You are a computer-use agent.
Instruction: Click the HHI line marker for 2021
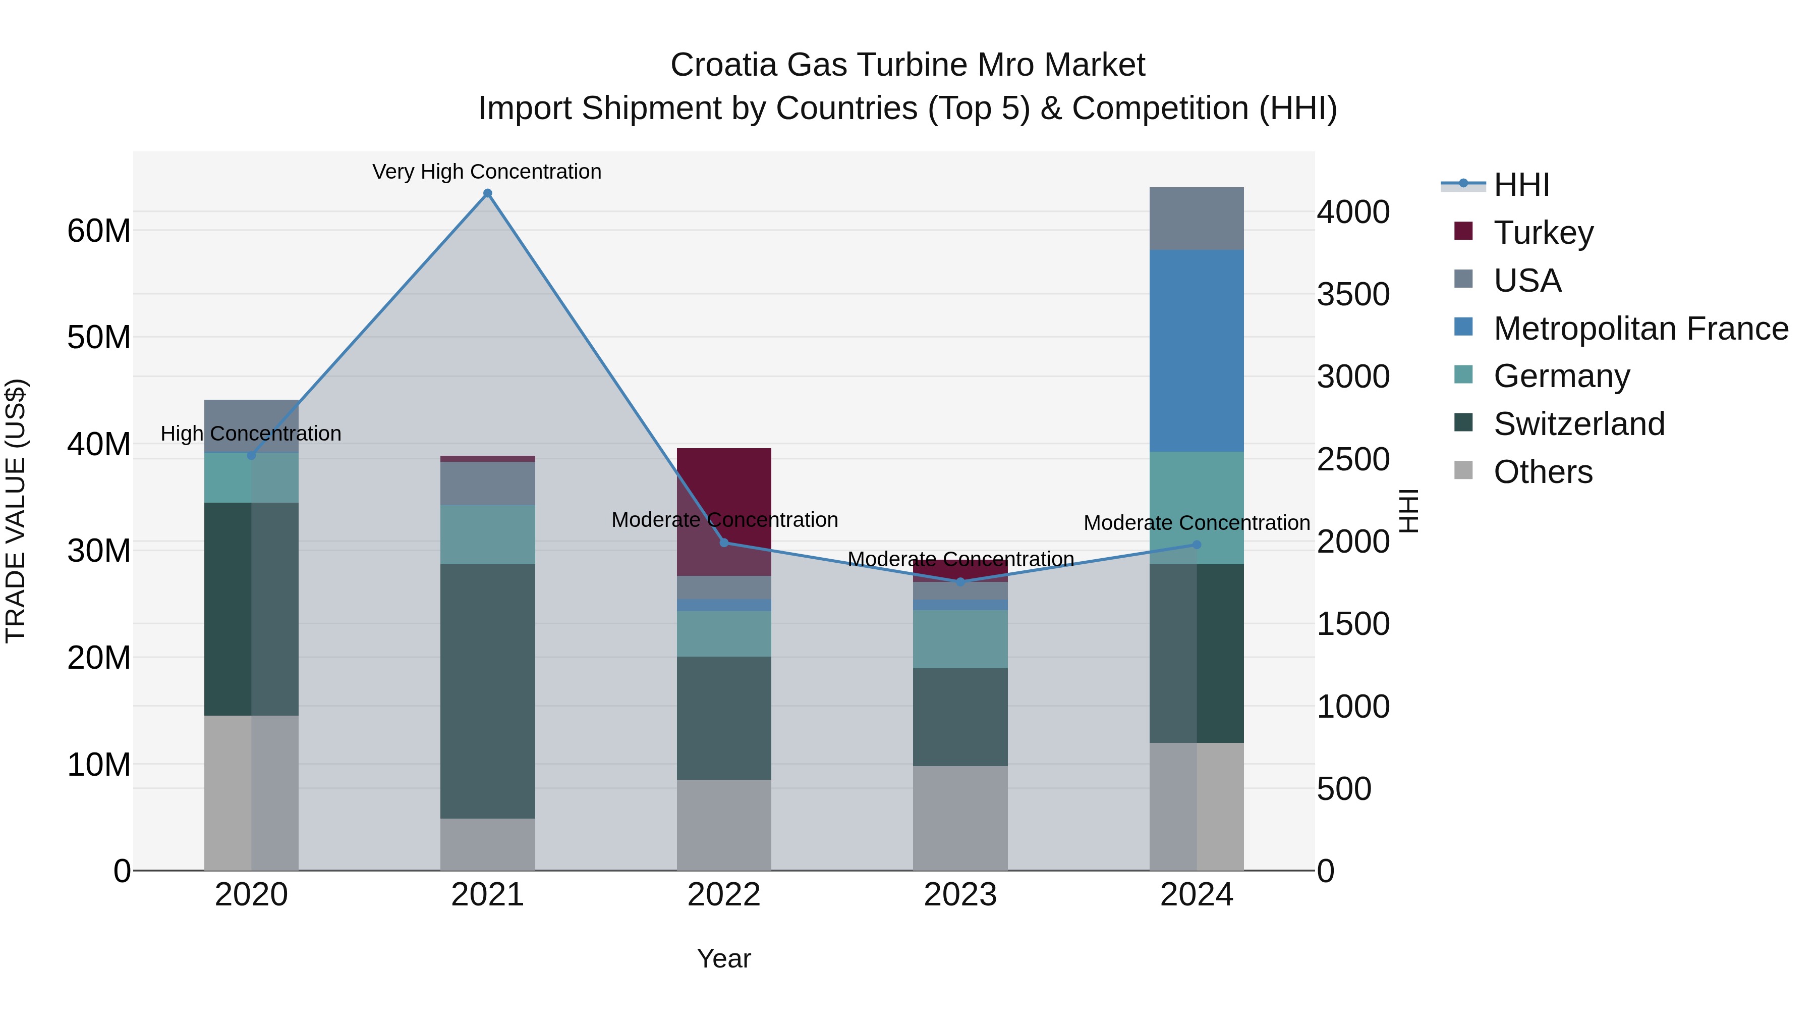(x=487, y=193)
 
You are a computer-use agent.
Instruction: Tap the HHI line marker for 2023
(x=960, y=582)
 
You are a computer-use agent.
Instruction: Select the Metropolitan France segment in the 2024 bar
(x=1197, y=351)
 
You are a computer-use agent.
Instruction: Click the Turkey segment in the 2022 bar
(x=724, y=494)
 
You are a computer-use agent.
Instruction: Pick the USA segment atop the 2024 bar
(x=1197, y=219)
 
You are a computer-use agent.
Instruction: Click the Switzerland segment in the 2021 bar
(x=487, y=691)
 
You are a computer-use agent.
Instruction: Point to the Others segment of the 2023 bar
(x=960, y=818)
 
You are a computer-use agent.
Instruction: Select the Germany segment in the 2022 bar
(x=724, y=633)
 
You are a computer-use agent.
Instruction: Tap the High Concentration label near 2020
(x=251, y=433)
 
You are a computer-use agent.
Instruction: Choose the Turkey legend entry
(x=1543, y=233)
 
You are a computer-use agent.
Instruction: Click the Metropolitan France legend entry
(x=1640, y=329)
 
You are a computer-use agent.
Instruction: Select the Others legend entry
(x=1543, y=472)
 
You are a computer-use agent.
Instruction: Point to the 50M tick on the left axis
(x=99, y=337)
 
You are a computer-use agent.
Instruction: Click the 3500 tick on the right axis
(x=1353, y=294)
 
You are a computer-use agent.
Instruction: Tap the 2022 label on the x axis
(x=724, y=895)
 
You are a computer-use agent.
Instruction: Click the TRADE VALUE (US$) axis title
(x=16, y=511)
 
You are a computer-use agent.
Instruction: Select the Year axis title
(x=724, y=958)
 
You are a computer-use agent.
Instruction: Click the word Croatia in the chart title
(x=723, y=65)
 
